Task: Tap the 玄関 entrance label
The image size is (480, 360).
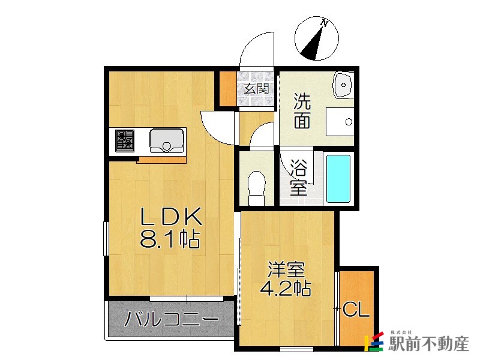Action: (x=256, y=89)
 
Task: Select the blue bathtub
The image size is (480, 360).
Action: (x=338, y=178)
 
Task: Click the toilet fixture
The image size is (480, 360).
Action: (x=257, y=184)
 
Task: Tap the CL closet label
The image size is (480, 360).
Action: (x=356, y=310)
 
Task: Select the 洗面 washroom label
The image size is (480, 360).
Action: (x=302, y=112)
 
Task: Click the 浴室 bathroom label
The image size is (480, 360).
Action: (x=298, y=177)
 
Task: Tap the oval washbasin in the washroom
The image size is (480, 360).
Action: (x=343, y=85)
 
